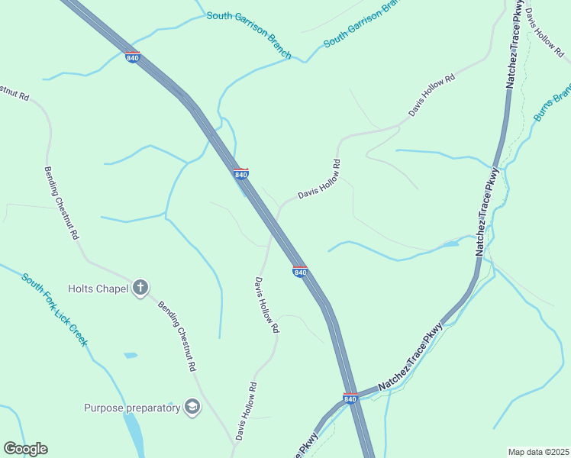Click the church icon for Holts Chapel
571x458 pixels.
(x=140, y=288)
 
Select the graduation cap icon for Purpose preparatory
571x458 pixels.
(x=192, y=407)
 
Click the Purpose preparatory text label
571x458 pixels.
(x=131, y=408)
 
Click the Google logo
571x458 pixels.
(x=25, y=449)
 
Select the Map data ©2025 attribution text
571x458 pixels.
(x=537, y=452)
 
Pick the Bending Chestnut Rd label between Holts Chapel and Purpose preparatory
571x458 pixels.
(x=176, y=336)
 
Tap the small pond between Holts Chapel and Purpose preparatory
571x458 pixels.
(x=131, y=355)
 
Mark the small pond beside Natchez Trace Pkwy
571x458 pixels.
(x=450, y=244)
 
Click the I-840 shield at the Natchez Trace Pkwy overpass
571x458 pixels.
(x=350, y=398)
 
